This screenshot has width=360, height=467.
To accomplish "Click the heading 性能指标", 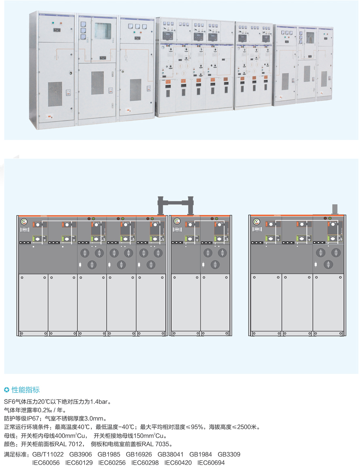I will click(x=25, y=390).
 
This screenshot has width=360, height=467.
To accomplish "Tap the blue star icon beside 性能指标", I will click(x=6, y=390).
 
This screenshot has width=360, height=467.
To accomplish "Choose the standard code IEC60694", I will click(x=211, y=463).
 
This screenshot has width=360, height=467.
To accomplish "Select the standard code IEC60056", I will click(x=46, y=463).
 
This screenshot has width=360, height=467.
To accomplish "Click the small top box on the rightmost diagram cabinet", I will click(x=335, y=209).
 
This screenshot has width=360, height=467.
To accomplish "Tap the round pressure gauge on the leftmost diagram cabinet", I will click(x=23, y=222).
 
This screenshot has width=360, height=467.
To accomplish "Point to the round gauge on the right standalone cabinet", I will click(x=256, y=222).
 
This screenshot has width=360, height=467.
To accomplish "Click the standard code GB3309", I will click(x=229, y=454).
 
